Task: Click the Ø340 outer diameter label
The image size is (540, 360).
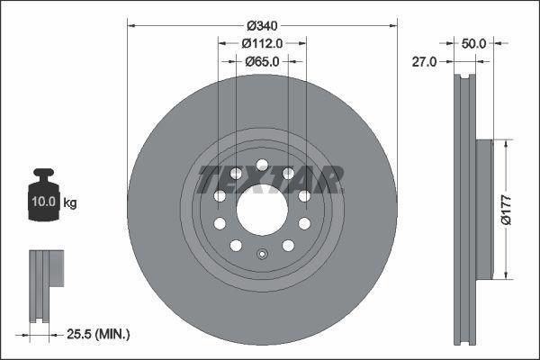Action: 262,23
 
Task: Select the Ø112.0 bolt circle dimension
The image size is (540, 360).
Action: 262,42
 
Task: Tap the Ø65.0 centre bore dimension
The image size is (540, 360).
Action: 262,61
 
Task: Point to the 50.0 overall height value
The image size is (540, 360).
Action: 473,42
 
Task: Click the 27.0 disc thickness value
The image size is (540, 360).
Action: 424,61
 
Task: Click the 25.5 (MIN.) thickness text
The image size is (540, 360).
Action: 100,334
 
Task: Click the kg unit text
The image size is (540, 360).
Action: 71,203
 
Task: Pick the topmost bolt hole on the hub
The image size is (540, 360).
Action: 262,165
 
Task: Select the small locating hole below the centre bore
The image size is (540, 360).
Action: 262,253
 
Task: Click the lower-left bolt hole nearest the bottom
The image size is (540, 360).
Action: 236,246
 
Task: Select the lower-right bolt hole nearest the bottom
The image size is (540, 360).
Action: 288,246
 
